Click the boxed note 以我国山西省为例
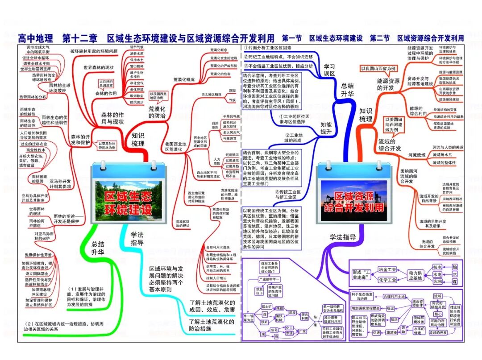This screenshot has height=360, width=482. click(378, 68)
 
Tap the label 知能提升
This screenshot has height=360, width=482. click(326, 128)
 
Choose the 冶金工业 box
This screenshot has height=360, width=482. click(387, 269)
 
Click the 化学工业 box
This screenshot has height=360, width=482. click(387, 280)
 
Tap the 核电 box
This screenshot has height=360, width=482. click(437, 267)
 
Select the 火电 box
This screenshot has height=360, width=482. click(437, 282)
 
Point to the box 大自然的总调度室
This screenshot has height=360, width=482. click(107, 83)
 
